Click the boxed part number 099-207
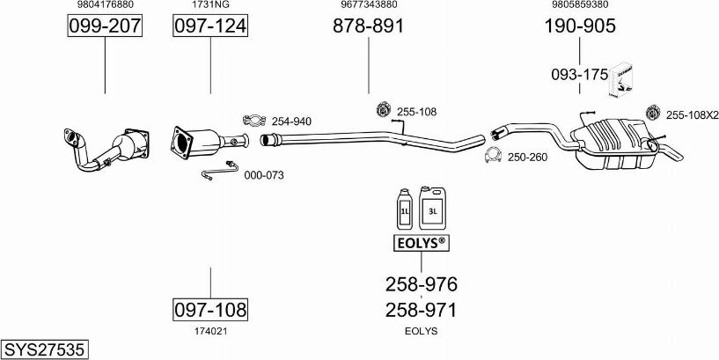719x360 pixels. [105, 26]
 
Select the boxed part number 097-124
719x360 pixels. [209, 26]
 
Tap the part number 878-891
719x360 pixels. [368, 26]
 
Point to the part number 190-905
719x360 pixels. [579, 26]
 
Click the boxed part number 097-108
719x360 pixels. [209, 309]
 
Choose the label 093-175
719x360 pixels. [579, 75]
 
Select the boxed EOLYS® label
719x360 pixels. [420, 242]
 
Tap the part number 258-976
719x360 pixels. [421, 284]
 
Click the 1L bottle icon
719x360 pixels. [406, 209]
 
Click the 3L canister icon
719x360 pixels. [432, 207]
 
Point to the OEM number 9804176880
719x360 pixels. [105, 4]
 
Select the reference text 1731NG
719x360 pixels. [209, 4]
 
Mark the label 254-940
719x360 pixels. [290, 121]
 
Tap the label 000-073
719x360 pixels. [263, 175]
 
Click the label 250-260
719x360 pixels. [527, 158]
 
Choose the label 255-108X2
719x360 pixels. [692, 114]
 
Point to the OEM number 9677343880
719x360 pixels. [368, 4]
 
